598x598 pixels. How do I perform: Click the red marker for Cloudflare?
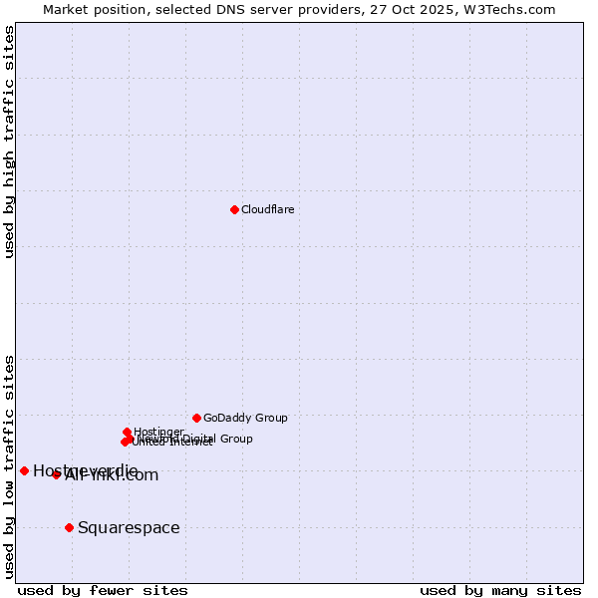(234, 209)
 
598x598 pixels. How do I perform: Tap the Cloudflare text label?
(267, 209)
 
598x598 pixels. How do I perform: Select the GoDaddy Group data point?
(196, 418)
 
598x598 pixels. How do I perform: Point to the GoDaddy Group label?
(245, 418)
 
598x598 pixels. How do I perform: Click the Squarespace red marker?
(69, 527)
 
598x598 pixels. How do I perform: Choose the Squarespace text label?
(129, 527)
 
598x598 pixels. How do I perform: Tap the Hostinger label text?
(159, 432)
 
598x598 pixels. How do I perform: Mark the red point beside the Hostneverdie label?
(24, 470)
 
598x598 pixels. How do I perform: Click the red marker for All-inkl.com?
(56, 474)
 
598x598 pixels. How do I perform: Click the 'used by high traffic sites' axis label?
(9, 143)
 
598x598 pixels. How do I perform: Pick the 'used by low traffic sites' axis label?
(9, 466)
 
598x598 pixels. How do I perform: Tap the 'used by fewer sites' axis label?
(103, 590)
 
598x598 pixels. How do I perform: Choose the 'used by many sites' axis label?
(500, 590)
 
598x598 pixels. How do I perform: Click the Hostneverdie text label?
(86, 470)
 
